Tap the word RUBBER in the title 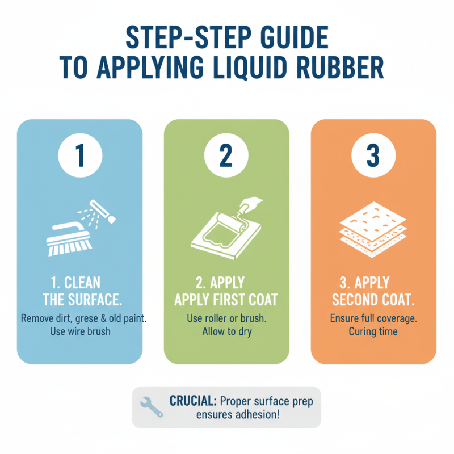tap(339, 66)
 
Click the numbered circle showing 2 tap(226, 155)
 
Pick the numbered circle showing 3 tap(373, 155)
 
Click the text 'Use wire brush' tap(79, 331)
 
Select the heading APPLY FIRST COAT tap(226, 299)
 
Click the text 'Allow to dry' tap(226, 331)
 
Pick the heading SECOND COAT tap(374, 299)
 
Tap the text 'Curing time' tap(373, 331)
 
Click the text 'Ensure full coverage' tap(373, 318)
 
